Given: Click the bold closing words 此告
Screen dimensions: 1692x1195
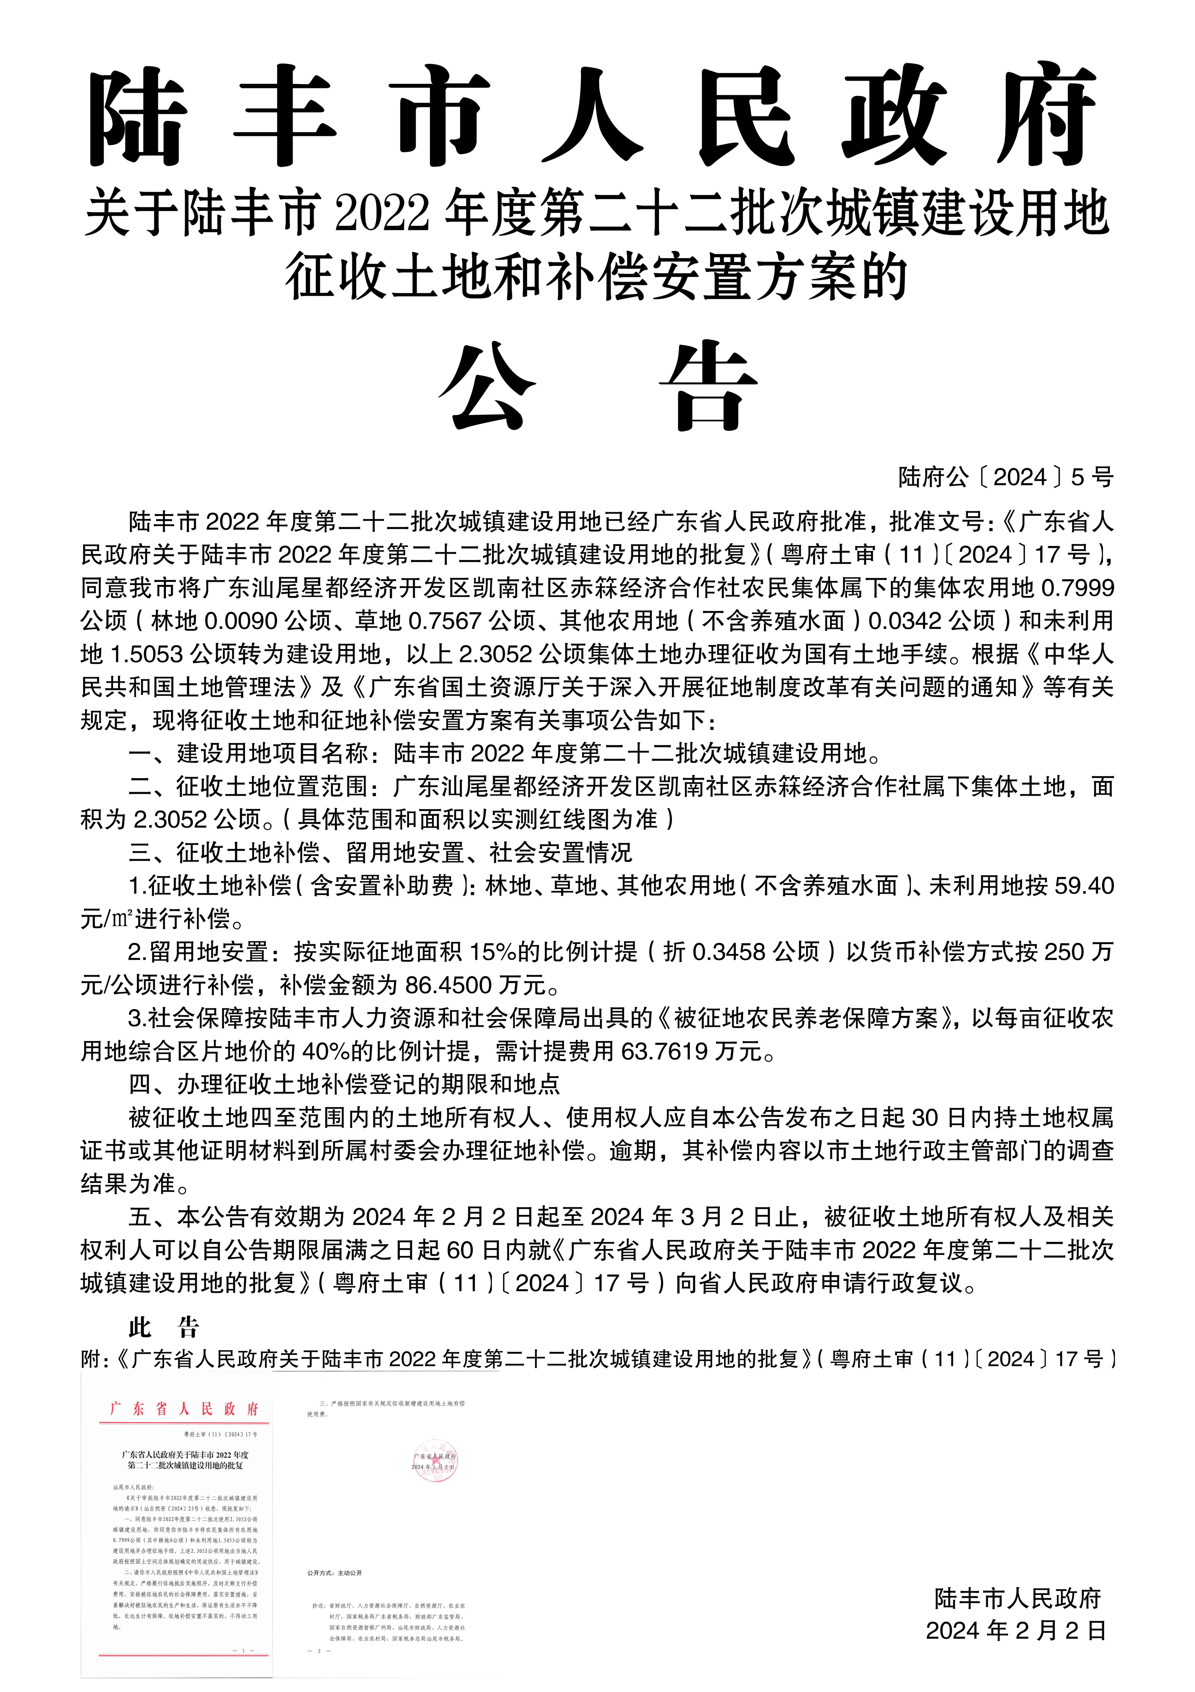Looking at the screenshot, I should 164,1328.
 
